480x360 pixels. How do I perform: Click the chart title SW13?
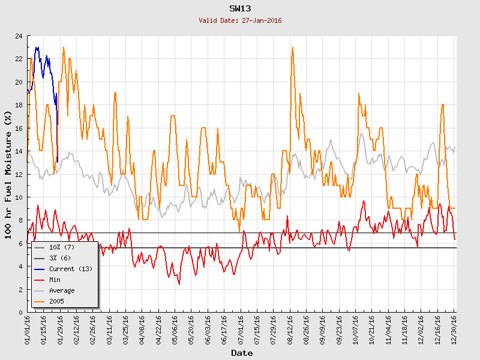[240, 8]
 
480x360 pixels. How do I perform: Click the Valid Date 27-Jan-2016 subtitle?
[240, 20]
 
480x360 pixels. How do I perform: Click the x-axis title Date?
[242, 353]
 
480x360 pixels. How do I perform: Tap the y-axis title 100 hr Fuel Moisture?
[8, 174]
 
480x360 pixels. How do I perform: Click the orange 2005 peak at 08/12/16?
[292, 48]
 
